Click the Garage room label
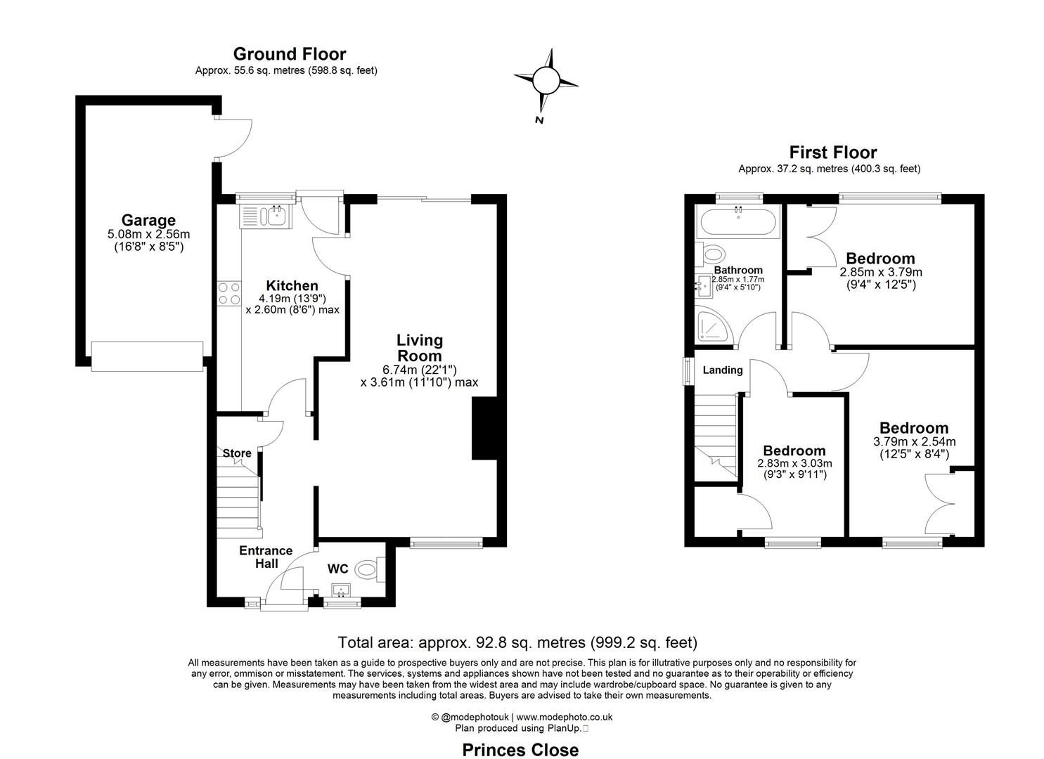coord(148,221)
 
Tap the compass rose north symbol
coord(546,80)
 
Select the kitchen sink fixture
coord(264,216)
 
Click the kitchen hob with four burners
coord(229,293)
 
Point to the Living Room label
coord(420,348)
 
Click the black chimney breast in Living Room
coord(484,429)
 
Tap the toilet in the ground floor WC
coord(369,569)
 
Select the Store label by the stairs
coord(237,453)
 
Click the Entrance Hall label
coord(266,557)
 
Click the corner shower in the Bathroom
coord(713,327)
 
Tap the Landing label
coord(723,370)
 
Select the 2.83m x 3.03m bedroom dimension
coord(794,464)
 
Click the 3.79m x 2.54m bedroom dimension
coord(914,442)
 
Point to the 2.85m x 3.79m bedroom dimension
coord(881,272)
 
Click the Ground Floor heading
coord(289,54)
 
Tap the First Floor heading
coord(832,153)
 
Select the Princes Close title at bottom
coord(520,750)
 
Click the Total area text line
coord(517,642)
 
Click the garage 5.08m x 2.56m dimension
coord(148,235)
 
